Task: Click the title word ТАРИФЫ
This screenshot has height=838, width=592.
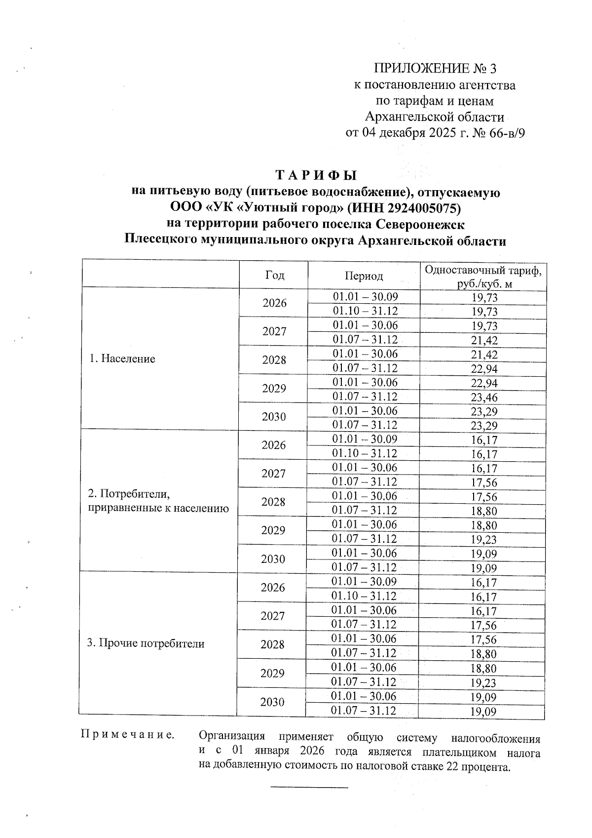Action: tap(316, 175)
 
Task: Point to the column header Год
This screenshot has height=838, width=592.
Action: tap(274, 275)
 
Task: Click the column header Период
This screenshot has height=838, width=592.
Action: tap(364, 276)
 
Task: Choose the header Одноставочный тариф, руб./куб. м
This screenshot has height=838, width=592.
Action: tap(483, 277)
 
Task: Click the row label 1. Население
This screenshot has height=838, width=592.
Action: tap(122, 359)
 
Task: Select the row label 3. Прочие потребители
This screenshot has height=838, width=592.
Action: tap(146, 643)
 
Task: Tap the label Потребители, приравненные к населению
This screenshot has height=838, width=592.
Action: tap(158, 501)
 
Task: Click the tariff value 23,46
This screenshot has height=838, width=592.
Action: tap(484, 398)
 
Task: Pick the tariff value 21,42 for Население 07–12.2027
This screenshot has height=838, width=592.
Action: tap(484, 340)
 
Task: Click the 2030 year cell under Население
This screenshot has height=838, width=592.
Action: tap(274, 417)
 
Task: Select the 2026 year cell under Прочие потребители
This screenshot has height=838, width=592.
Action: tap(273, 588)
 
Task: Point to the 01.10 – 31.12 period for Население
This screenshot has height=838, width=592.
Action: tap(365, 311)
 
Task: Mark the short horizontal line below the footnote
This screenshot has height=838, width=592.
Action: tap(309, 786)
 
